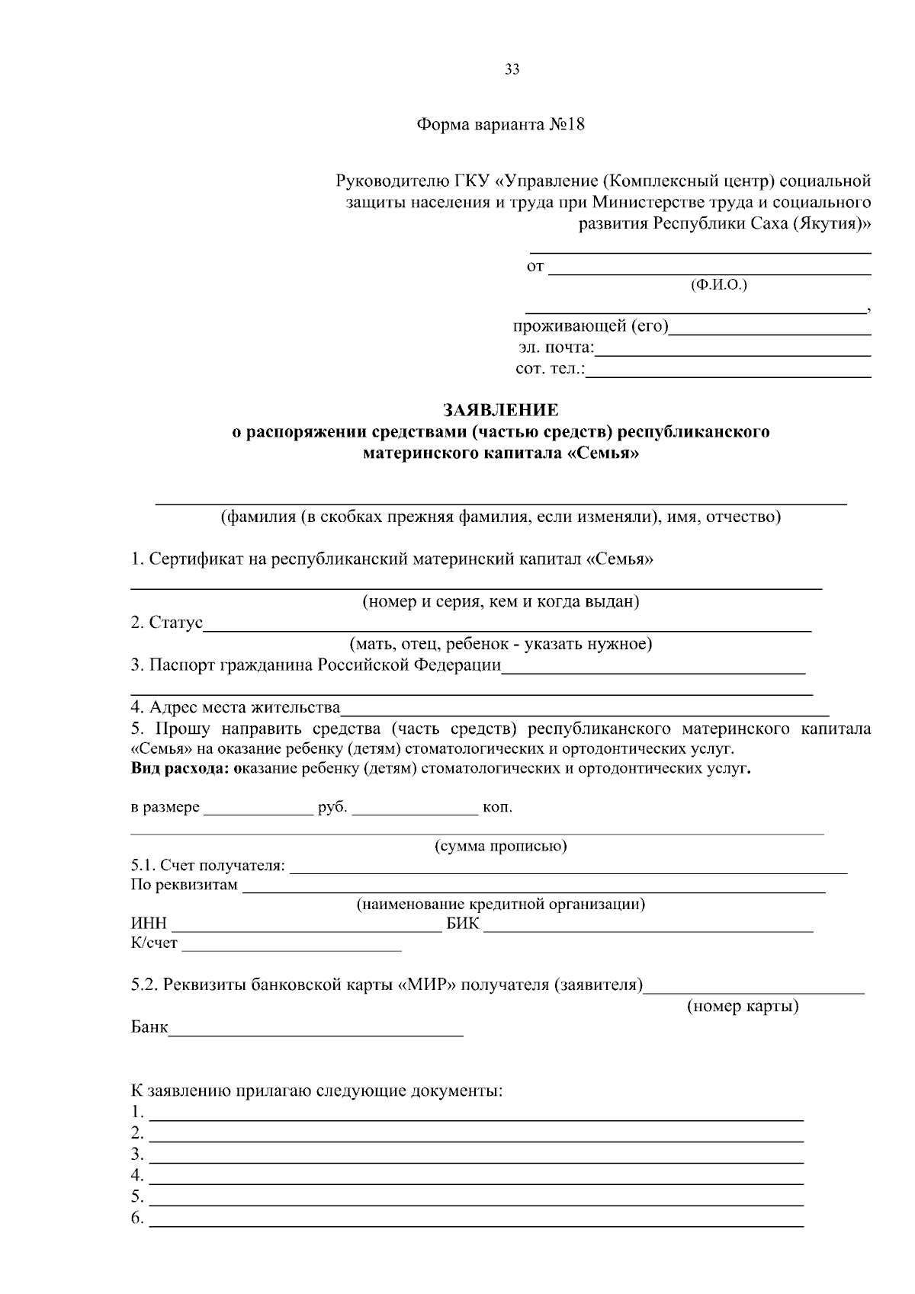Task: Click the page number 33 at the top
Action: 512,70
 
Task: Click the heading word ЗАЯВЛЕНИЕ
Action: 501,411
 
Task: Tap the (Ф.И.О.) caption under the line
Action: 718,285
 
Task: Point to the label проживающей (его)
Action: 590,327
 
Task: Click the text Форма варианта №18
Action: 500,125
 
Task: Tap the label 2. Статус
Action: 166,623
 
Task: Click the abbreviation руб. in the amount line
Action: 332,808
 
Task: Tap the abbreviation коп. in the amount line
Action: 497,808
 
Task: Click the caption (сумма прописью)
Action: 500,846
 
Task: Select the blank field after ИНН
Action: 307,928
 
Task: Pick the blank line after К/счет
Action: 291,947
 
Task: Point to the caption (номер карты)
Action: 743,1007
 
